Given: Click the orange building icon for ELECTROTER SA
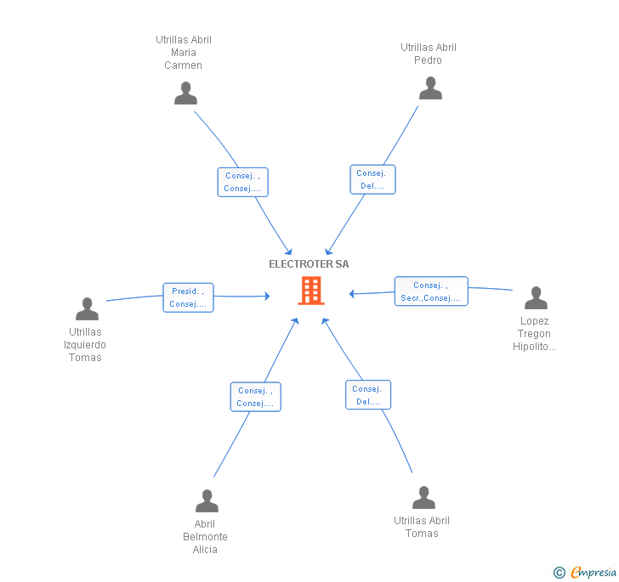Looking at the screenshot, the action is (x=311, y=291).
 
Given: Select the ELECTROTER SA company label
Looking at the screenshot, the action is (x=309, y=264).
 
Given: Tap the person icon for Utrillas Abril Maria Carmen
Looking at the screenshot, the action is (x=185, y=93).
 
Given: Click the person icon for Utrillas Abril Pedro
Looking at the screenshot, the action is (x=430, y=88).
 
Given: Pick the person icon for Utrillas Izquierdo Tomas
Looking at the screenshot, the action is (x=87, y=308).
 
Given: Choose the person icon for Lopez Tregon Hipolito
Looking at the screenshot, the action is (x=536, y=298).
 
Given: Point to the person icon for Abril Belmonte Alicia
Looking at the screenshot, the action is (x=207, y=500).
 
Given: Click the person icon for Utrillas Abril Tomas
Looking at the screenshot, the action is (x=423, y=497).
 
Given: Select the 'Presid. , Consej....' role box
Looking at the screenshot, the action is (x=188, y=297).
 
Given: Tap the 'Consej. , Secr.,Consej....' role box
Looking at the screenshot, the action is (x=431, y=291).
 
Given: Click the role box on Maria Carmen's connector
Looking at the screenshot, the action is (x=243, y=182).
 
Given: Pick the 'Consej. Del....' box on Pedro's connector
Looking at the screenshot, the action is (x=372, y=179).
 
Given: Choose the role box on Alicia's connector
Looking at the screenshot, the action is (x=255, y=397).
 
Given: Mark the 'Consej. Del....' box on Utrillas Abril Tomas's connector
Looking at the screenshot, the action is (x=368, y=394).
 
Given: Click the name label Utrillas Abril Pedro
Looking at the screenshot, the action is (x=429, y=54).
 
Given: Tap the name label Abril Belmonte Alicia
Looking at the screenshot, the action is (x=205, y=537).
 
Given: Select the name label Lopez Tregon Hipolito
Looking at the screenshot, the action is (x=534, y=334).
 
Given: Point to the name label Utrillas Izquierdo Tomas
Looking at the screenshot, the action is (x=85, y=344).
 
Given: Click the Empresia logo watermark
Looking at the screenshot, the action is (x=585, y=572).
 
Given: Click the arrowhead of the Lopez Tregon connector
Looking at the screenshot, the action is (x=352, y=294).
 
